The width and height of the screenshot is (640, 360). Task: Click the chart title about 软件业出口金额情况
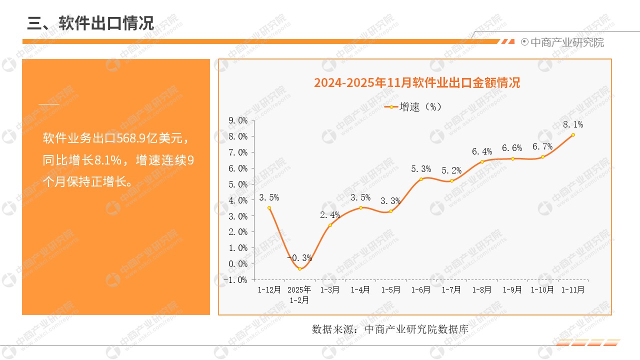pyautogui.click(x=416, y=82)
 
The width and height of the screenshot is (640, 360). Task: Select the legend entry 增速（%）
pyautogui.click(x=413, y=106)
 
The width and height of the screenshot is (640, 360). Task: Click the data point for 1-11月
pyautogui.click(x=573, y=134)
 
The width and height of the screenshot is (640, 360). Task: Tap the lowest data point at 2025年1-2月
pyautogui.click(x=299, y=268)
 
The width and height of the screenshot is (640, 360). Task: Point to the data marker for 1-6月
pyautogui.click(x=421, y=179)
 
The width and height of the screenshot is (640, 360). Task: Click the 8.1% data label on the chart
pyautogui.click(x=573, y=124)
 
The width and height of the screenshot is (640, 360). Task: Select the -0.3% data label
pyautogui.click(x=299, y=258)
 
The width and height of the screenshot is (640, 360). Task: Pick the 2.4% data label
pyautogui.click(x=330, y=215)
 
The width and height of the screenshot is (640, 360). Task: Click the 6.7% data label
pyautogui.click(x=542, y=146)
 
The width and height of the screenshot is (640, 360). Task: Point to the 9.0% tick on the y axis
pyautogui.click(x=238, y=120)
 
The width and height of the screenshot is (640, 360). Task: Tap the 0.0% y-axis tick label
pyautogui.click(x=238, y=264)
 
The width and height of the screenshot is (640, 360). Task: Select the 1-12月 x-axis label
pyautogui.click(x=269, y=289)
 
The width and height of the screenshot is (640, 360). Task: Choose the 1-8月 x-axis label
pyautogui.click(x=482, y=289)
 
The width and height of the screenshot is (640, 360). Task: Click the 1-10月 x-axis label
pyautogui.click(x=542, y=289)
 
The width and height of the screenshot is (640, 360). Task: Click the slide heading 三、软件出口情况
pyautogui.click(x=90, y=23)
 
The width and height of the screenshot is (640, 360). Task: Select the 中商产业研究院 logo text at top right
pyautogui.click(x=566, y=42)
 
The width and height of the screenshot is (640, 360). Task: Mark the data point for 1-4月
pyautogui.click(x=360, y=207)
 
